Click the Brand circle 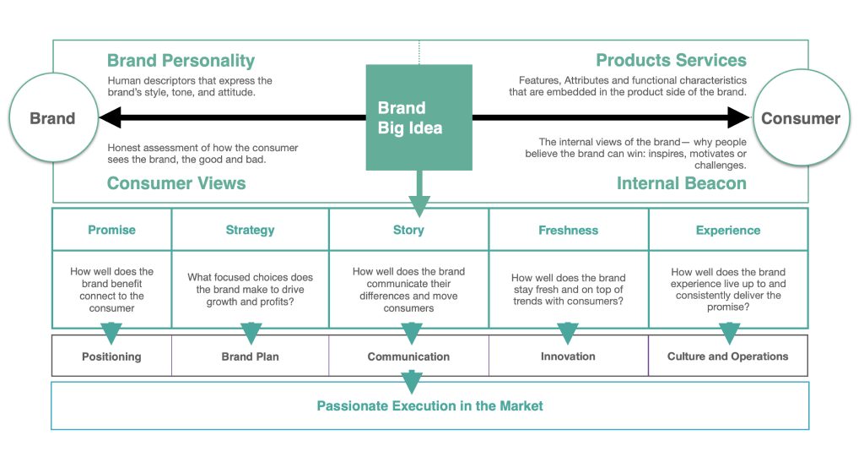[53, 117]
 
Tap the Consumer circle [802, 117]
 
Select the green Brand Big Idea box [419, 117]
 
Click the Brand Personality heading [181, 60]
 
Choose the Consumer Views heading [176, 183]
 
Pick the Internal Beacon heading [682, 183]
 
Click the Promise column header [112, 230]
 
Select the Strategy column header [250, 230]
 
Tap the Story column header [409, 230]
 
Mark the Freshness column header [569, 230]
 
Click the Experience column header [728, 230]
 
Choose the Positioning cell [112, 356]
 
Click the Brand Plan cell [250, 356]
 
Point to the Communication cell [409, 356]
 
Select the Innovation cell [568, 356]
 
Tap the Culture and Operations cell [728, 356]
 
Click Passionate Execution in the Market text [429, 405]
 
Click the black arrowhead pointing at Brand [111, 117]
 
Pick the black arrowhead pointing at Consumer [739, 117]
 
